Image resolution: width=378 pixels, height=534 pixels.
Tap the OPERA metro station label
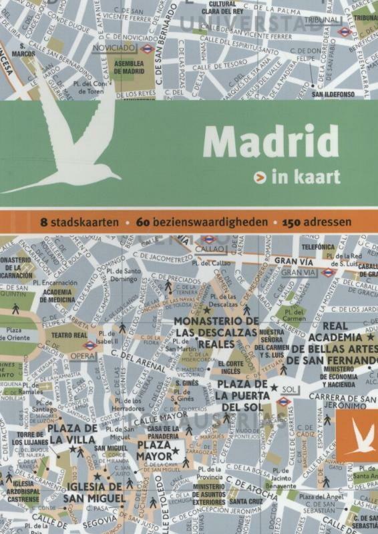click(83, 356)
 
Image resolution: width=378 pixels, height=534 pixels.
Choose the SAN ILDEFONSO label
click(333, 94)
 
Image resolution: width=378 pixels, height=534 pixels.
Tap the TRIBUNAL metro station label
click(327, 20)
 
